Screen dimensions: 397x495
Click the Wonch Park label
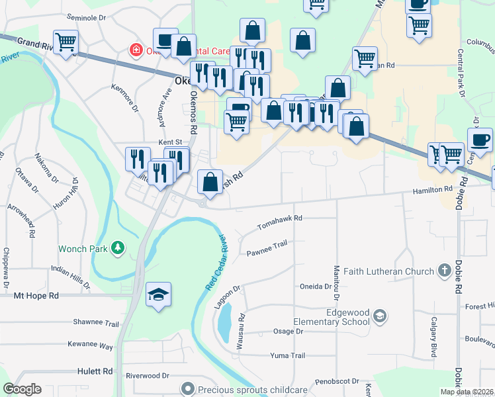coord(82,249)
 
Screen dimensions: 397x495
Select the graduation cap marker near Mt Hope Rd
coord(158,294)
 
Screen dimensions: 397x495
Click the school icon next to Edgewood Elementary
coord(380,316)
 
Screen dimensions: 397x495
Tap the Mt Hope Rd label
coord(36,295)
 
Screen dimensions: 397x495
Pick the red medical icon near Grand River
coord(136,50)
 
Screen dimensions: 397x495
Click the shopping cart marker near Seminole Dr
coord(66,42)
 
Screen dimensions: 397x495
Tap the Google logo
coord(22,389)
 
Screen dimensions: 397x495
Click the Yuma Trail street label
coord(288,355)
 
